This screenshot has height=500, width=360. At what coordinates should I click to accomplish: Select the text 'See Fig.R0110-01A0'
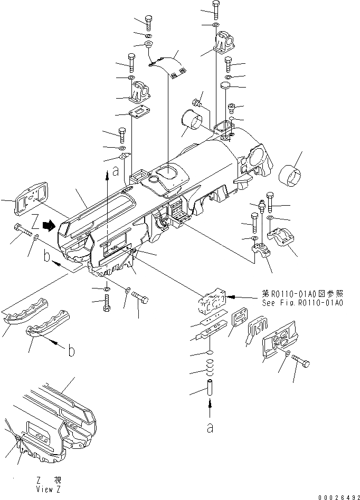coord(302,303)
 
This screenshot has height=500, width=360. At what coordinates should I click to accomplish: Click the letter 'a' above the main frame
coord(115,170)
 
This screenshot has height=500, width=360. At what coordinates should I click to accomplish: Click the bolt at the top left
coord(147,24)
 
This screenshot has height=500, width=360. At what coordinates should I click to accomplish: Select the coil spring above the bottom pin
coord(210,367)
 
